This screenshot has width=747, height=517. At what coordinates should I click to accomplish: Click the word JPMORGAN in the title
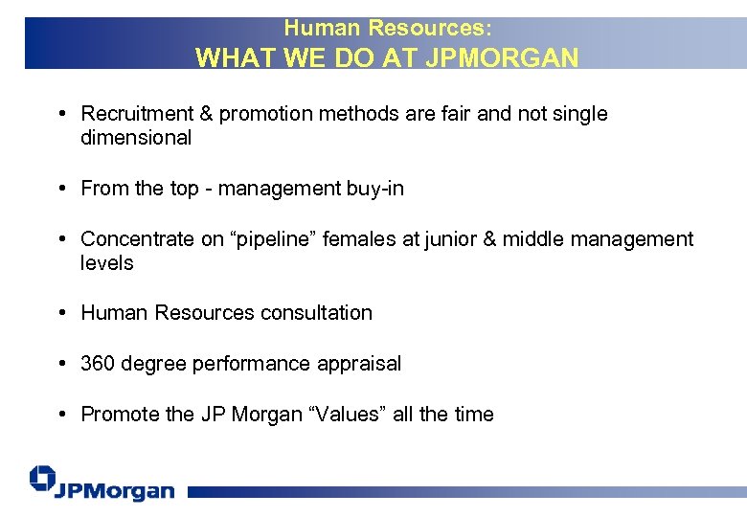(504, 57)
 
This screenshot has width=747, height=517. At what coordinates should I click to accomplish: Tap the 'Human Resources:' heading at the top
(388, 29)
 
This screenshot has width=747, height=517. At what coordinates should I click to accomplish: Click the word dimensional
(136, 138)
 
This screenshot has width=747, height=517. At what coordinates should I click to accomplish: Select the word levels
(107, 263)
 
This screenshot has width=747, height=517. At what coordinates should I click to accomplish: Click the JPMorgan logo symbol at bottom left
(43, 479)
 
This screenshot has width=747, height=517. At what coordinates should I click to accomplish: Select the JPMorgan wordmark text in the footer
(115, 491)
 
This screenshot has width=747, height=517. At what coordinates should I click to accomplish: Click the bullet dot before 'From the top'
(60, 189)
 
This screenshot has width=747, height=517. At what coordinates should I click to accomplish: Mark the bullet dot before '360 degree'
(60, 364)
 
